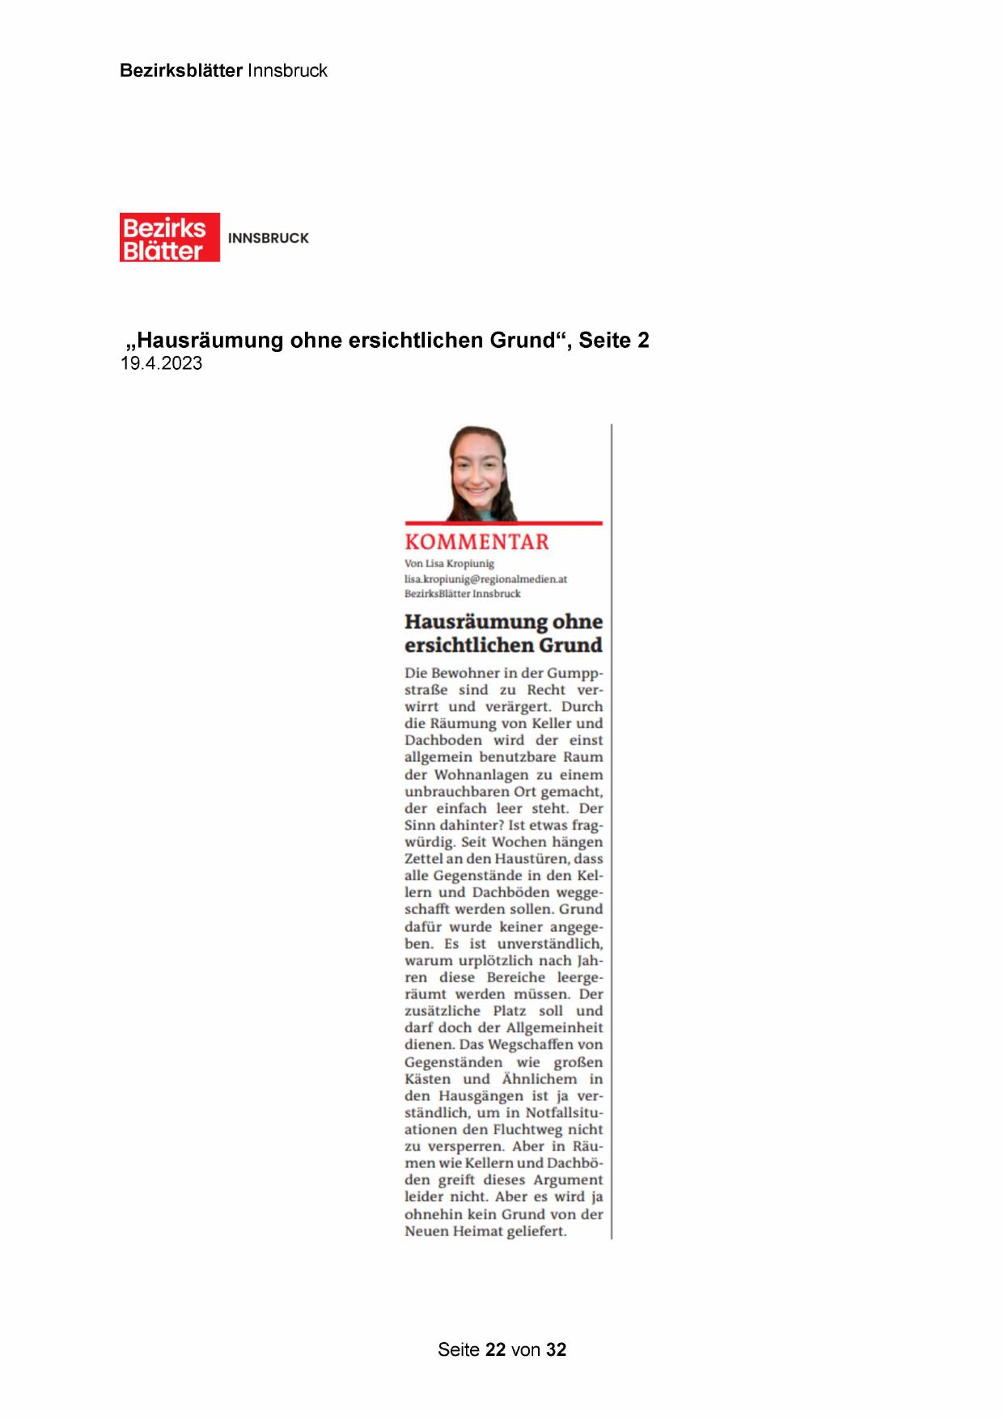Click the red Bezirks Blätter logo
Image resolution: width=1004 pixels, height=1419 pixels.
tap(169, 238)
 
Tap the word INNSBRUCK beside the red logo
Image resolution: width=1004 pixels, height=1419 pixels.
tap(269, 239)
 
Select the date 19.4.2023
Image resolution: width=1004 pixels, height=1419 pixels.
tap(161, 363)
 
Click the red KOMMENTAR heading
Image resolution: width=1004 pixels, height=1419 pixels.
tap(477, 542)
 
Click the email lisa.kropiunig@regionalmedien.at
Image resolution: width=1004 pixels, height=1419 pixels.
tap(485, 578)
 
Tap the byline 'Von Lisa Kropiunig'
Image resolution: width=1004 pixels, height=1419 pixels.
tap(449, 563)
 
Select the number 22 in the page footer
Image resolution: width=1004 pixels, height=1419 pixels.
tap(495, 1349)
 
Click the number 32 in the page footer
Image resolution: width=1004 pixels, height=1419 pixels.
tap(556, 1349)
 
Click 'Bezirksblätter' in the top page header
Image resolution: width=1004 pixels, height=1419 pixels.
tap(180, 70)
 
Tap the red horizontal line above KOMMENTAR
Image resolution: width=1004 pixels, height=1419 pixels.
tap(503, 523)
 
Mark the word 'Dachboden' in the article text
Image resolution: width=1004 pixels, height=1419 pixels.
tap(443, 740)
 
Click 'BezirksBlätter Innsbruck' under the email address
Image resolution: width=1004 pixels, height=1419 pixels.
tap(463, 594)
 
